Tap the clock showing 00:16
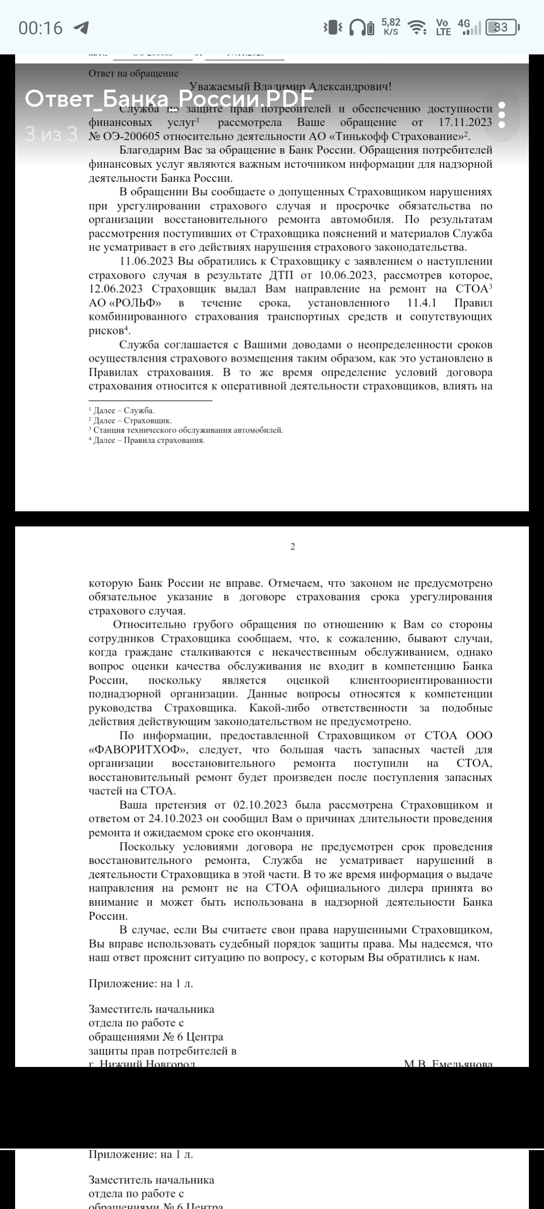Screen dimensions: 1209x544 click(40, 28)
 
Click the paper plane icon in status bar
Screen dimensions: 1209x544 click(81, 28)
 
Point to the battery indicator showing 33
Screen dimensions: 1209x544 click(501, 27)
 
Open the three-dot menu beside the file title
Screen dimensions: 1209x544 click(501, 115)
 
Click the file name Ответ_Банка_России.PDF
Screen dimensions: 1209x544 click(169, 98)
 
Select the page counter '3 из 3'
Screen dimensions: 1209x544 click(51, 134)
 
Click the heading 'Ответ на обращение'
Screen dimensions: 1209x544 click(133, 74)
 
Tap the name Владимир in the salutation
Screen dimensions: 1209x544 click(279, 87)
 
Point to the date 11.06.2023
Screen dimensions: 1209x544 click(147, 261)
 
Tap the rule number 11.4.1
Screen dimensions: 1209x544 click(422, 303)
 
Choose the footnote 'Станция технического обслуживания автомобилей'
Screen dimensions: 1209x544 click(188, 430)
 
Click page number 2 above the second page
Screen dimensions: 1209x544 click(293, 547)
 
